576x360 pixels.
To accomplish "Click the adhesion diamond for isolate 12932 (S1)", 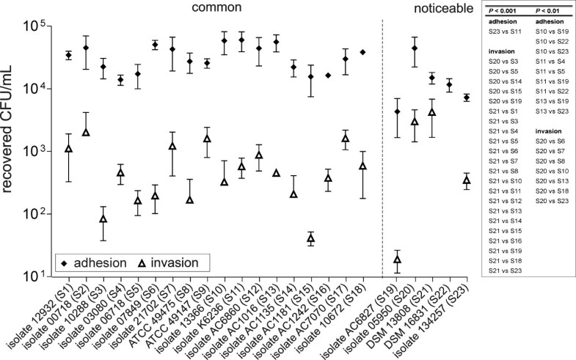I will pos(68,56).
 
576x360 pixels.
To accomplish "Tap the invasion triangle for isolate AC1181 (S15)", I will pos(310,239).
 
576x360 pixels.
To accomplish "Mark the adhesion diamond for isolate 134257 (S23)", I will pos(466,98).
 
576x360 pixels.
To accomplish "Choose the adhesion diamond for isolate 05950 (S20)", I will pos(415,48).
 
